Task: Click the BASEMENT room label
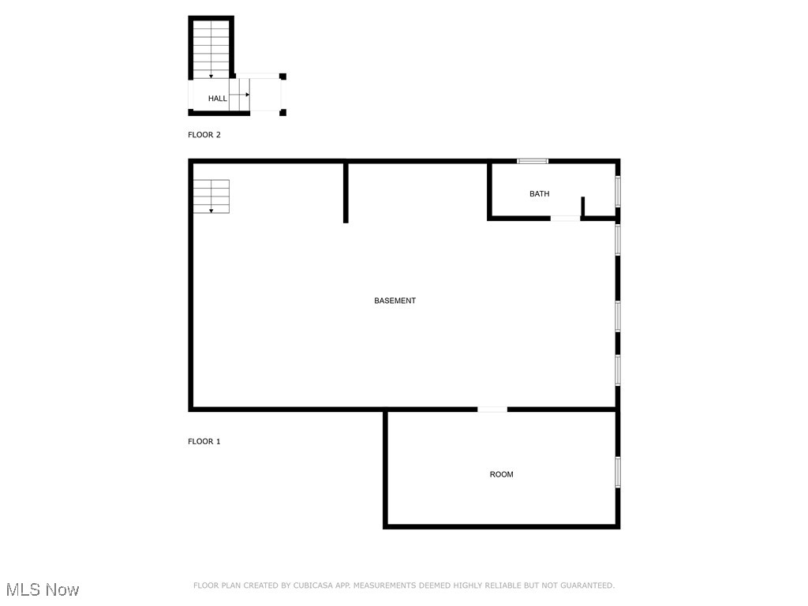395,301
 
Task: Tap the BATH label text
540,194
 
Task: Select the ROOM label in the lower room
502,474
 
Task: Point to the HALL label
217,99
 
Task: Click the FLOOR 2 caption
204,135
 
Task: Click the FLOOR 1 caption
204,441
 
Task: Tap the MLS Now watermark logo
43,589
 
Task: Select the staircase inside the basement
211,196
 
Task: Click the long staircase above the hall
211,49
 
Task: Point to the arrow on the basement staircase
211,209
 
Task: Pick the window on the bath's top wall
533,161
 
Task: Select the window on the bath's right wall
618,190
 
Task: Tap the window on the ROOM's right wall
618,471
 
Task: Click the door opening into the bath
565,219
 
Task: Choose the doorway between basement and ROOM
492,410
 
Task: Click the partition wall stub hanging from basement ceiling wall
346,193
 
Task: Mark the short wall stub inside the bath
582,206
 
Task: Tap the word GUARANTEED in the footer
585,585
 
